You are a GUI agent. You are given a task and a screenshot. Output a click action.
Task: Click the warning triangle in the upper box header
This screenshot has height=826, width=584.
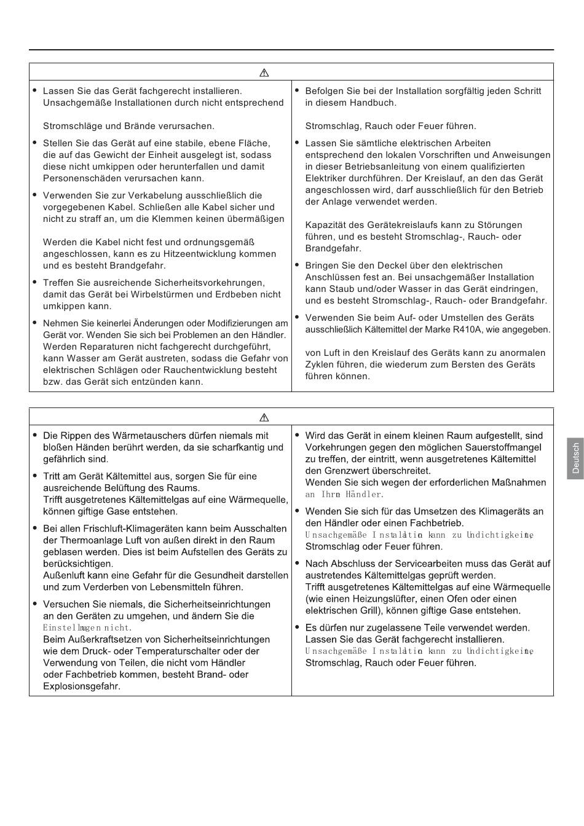(x=264, y=73)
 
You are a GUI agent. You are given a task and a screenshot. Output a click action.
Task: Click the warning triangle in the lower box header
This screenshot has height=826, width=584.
(x=264, y=417)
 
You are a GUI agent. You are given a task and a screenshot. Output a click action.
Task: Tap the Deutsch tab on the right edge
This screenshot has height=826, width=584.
(x=575, y=458)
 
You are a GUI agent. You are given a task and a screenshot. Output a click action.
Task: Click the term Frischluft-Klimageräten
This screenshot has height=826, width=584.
(x=127, y=529)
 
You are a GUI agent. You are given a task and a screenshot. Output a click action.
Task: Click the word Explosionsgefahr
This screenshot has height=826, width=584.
(x=82, y=686)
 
